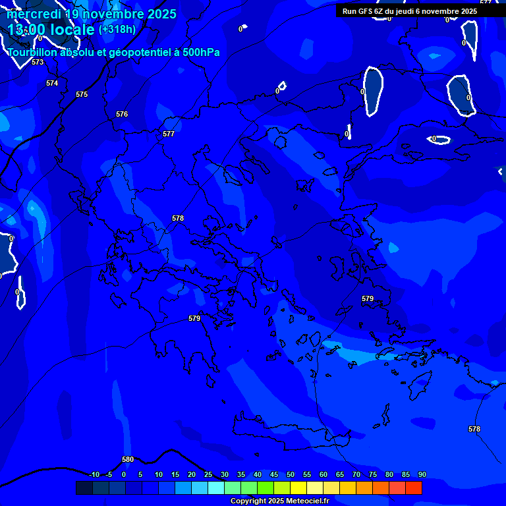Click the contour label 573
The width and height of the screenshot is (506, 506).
tap(38, 62)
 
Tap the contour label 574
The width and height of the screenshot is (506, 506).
tap(52, 83)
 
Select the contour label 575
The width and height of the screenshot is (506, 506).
tap(82, 94)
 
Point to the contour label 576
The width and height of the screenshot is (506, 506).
tap(122, 114)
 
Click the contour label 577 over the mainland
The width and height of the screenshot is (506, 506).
tap(169, 134)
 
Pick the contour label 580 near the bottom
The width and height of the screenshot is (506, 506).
tap(128, 459)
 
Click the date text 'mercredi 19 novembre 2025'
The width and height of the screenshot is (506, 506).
tap(92, 14)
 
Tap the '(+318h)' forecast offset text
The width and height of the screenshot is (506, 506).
tap(117, 29)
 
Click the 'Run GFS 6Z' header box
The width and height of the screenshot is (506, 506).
tap(410, 11)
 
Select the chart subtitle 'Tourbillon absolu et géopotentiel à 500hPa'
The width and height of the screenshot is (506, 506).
tap(114, 52)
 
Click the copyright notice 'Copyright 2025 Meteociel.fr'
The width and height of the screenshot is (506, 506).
tap(279, 501)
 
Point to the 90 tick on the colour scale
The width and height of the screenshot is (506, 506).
tap(422, 474)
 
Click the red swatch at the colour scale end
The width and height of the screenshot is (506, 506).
tap(414, 488)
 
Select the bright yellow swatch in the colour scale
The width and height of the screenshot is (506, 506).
tap(298, 488)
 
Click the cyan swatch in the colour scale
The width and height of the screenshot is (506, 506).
tap(216, 488)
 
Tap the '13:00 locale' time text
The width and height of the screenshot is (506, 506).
tap(51, 30)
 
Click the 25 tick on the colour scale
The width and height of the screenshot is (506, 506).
tap(208, 474)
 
